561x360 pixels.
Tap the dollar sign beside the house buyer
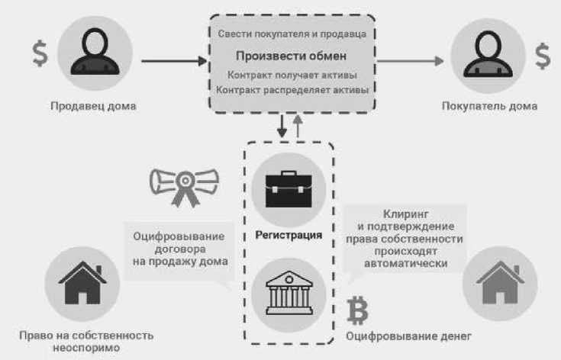[542, 56]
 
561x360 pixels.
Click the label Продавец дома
[93, 106]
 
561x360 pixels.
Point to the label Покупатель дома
[488, 106]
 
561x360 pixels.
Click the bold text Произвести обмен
[291, 56]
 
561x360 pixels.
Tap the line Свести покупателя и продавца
[292, 34]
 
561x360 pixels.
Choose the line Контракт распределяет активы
[292, 90]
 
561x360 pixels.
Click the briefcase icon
[289, 189]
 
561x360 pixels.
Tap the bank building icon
[289, 294]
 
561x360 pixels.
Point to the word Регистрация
[289, 235]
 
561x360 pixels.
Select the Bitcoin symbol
[356, 310]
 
